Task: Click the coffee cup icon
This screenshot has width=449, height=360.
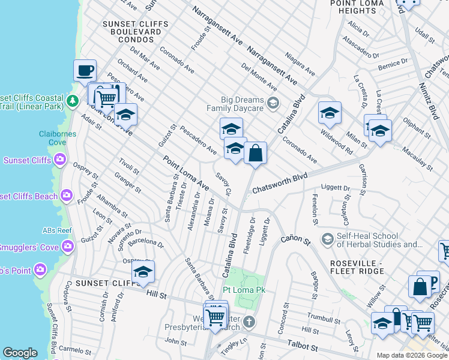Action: (x=85, y=70)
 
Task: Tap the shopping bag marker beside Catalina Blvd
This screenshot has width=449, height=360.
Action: (x=255, y=153)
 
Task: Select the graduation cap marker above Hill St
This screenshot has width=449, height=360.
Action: (x=143, y=272)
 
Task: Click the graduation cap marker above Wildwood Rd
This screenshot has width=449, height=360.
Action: (x=330, y=113)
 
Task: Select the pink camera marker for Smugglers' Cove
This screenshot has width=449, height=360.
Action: (x=68, y=246)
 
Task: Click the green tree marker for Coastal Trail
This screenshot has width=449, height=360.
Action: (x=73, y=101)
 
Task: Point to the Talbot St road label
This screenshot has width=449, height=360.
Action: (x=303, y=347)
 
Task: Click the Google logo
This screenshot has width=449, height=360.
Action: (x=20, y=353)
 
